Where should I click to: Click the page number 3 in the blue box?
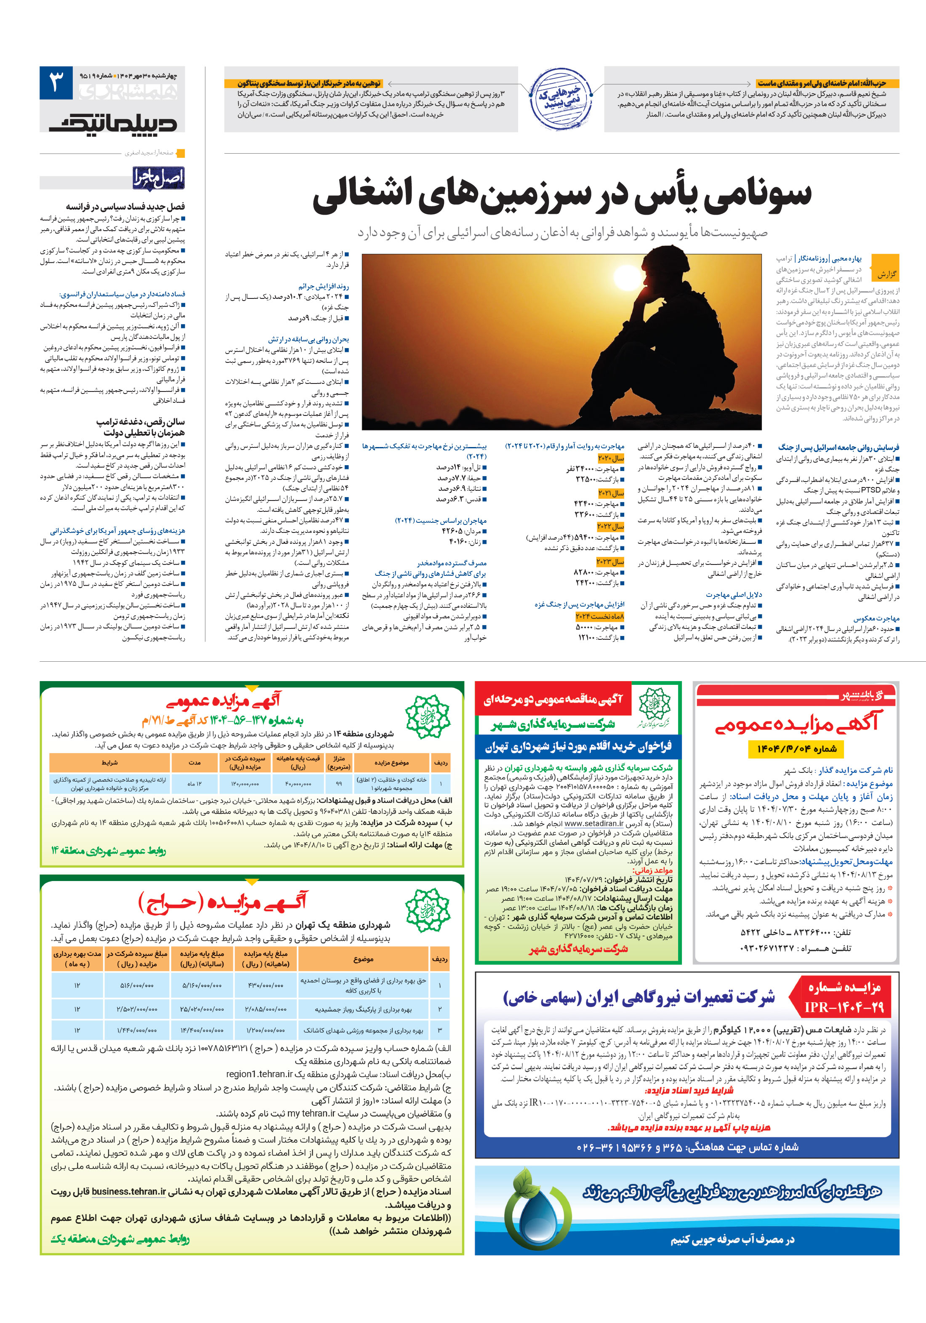(x=56, y=83)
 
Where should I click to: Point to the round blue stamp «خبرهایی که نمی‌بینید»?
(x=560, y=98)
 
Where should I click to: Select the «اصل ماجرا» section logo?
(x=158, y=178)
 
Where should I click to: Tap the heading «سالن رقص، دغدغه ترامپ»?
(x=141, y=422)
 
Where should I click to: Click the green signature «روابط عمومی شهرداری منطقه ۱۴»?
(x=108, y=850)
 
